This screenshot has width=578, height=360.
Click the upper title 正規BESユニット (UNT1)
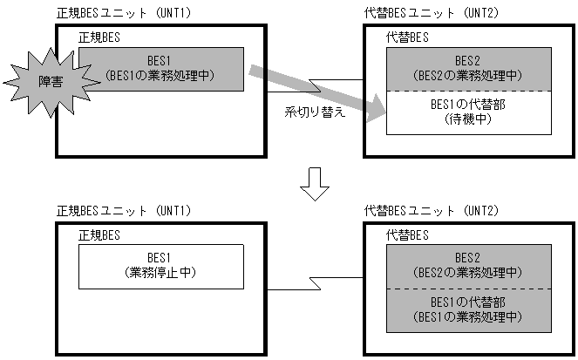(123, 14)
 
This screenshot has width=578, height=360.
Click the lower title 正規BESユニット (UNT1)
(123, 212)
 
